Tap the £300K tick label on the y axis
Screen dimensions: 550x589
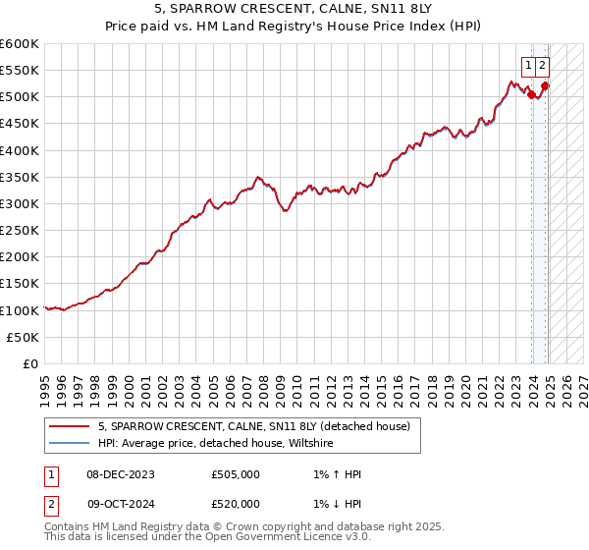pyautogui.click(x=19, y=203)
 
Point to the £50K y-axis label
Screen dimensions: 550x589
pyautogui.click(x=22, y=337)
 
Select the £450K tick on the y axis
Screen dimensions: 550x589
pyautogui.click(x=19, y=124)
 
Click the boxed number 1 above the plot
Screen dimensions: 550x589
pyautogui.click(x=528, y=66)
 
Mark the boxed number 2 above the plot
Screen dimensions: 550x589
pyautogui.click(x=542, y=66)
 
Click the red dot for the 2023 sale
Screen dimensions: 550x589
pyautogui.click(x=531, y=95)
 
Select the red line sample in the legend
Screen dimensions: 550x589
pyautogui.click(x=69, y=426)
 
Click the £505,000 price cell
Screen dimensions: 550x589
pyautogui.click(x=235, y=474)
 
